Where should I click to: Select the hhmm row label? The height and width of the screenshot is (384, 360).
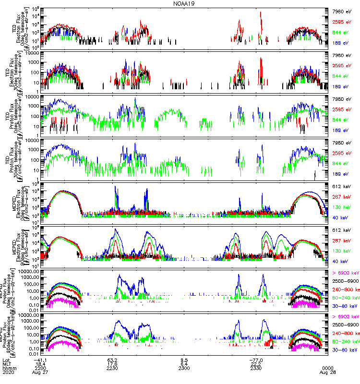(8, 368)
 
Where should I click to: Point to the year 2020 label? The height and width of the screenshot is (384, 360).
(8, 373)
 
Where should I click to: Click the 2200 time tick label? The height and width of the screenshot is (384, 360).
(40, 368)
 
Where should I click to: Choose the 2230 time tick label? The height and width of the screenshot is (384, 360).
(112, 368)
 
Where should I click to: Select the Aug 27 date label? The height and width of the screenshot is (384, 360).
(40, 373)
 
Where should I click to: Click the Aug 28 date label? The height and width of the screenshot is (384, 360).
(328, 373)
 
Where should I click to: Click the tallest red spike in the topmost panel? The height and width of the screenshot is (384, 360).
(261, 14)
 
